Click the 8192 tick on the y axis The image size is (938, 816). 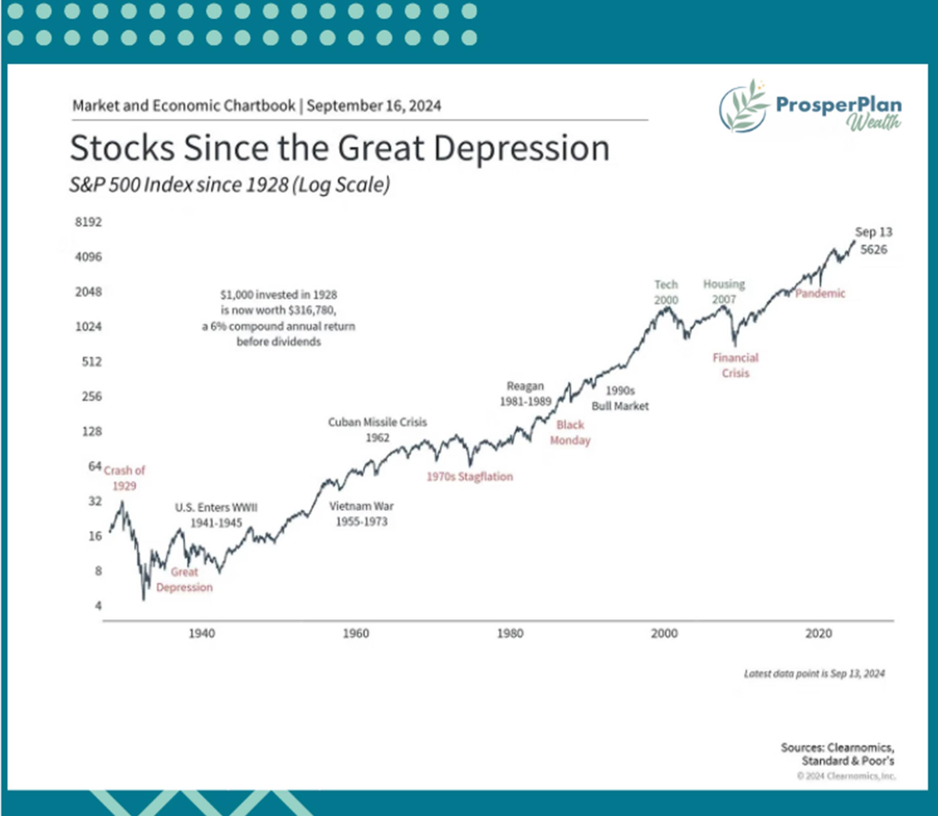point(88,222)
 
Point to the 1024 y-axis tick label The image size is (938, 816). point(88,326)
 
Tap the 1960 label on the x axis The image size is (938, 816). point(356,633)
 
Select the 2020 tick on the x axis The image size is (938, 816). point(818,633)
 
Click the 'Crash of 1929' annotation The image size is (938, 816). point(124,478)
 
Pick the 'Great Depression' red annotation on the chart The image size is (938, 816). point(184,580)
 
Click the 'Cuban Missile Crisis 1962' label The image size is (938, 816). point(377,430)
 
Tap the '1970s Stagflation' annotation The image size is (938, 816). point(469,477)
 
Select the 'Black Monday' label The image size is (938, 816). point(570,432)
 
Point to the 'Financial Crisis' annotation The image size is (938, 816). point(736,365)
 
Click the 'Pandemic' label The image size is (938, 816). point(820,293)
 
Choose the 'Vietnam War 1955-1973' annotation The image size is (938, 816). point(362,513)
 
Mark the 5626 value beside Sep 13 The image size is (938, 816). point(873,250)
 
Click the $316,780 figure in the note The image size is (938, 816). point(312,311)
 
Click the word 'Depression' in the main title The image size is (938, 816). point(521,148)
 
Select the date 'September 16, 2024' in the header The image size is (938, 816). point(374,106)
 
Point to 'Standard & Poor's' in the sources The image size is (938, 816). point(847,761)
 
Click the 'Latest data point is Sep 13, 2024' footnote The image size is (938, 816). point(814,674)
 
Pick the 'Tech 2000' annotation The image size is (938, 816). point(666,292)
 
